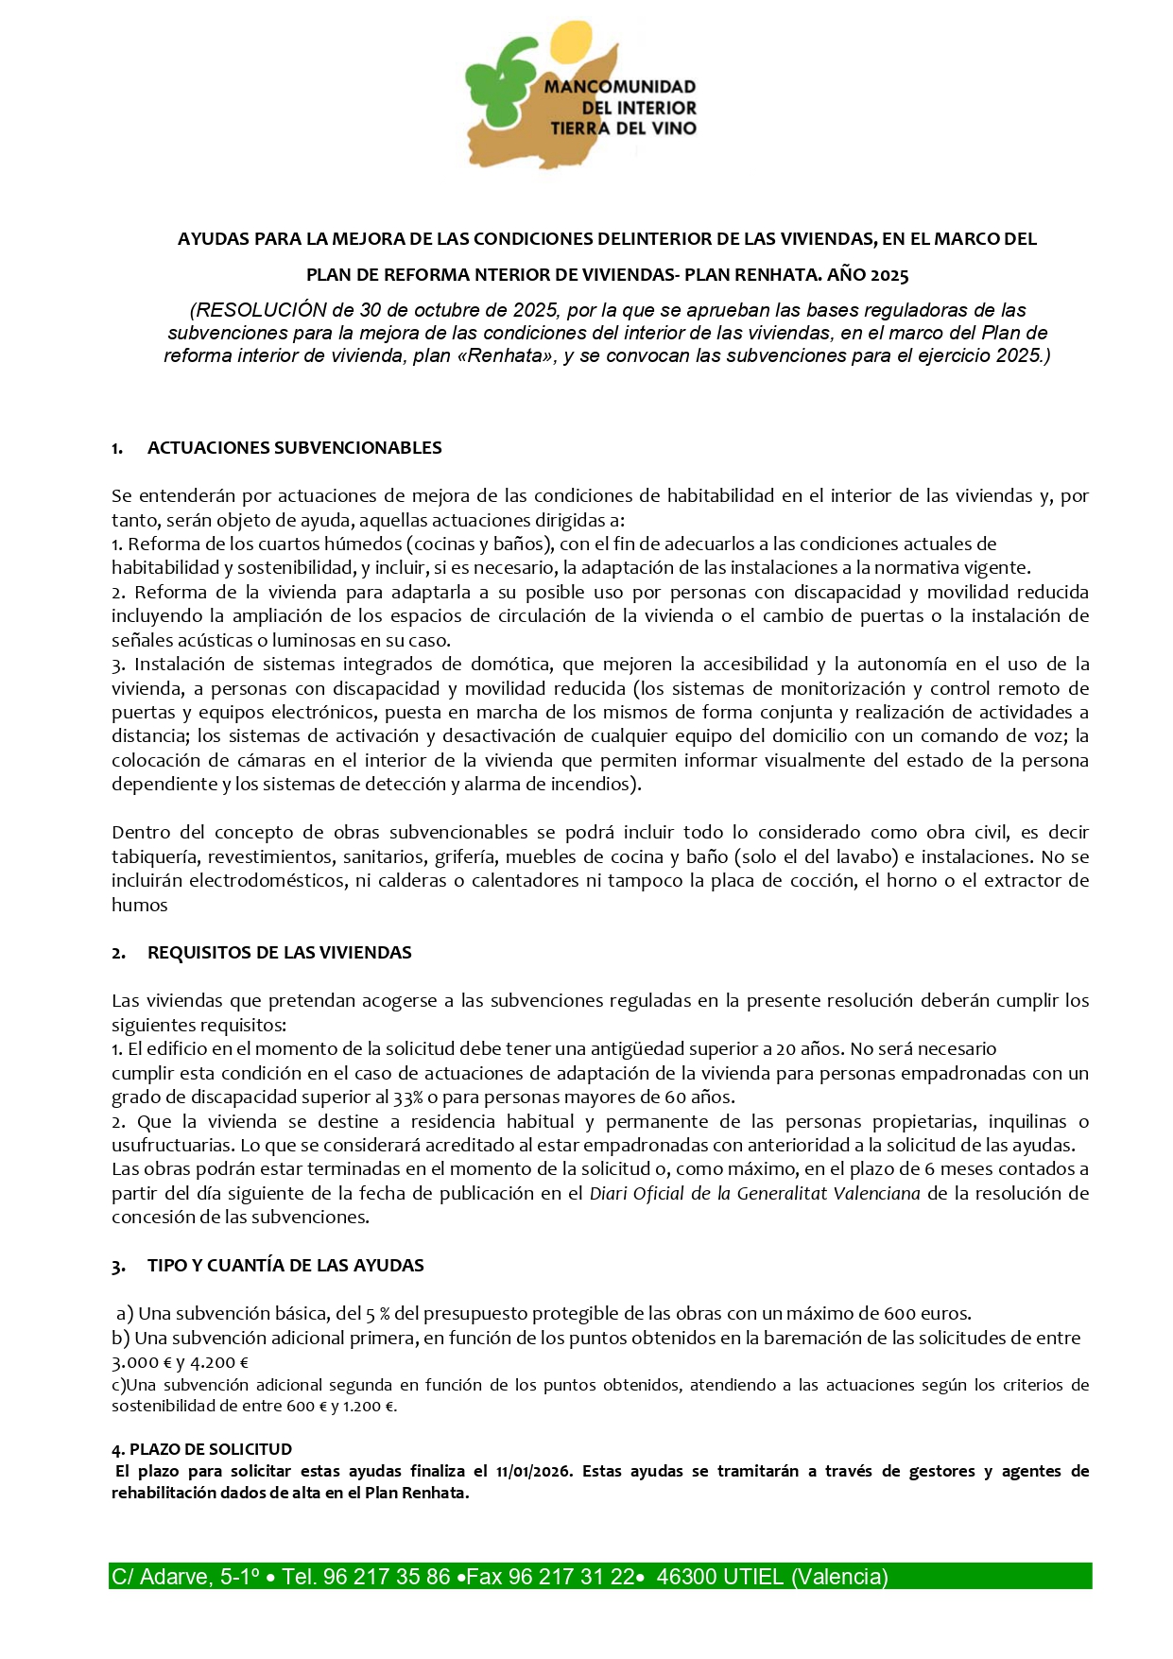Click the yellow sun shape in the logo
tap(576, 42)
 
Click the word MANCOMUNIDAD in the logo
tap(619, 87)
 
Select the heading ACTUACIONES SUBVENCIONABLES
tap(294, 448)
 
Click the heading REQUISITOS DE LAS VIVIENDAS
tap(279, 953)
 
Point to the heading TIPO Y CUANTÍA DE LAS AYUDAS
tap(285, 1266)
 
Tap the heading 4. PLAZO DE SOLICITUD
tap(201, 1449)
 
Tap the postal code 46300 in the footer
tap(686, 1577)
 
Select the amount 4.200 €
tap(219, 1363)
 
